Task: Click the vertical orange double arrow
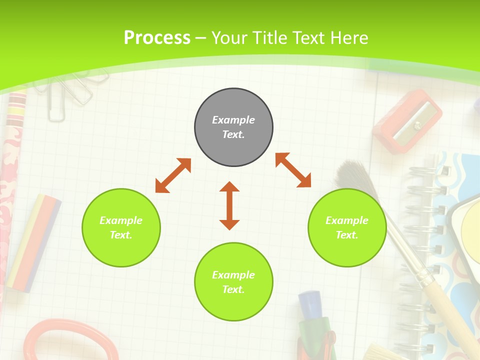[229, 205]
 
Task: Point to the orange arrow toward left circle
[173, 175]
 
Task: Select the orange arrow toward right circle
[293, 170]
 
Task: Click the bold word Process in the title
[157, 37]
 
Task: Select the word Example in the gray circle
[233, 120]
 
